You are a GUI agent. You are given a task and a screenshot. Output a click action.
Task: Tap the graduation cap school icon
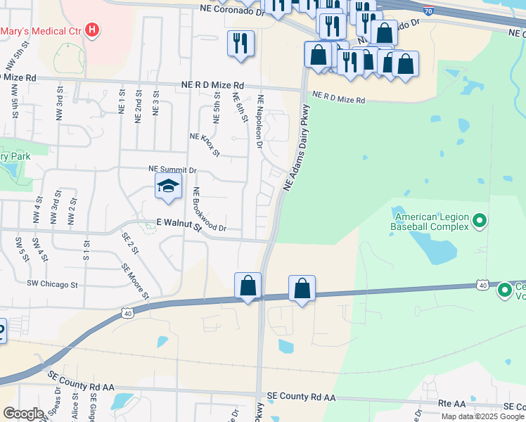168,187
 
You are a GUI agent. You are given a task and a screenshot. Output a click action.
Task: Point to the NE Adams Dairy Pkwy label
296,148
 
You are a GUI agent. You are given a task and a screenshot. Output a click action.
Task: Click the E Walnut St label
179,224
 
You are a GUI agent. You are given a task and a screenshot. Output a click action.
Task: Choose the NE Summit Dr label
172,170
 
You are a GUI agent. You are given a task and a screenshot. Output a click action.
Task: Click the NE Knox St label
205,144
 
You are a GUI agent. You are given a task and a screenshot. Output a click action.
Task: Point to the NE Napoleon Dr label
259,121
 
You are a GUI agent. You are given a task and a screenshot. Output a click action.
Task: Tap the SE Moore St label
134,279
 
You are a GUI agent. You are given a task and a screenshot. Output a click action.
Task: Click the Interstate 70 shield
429,9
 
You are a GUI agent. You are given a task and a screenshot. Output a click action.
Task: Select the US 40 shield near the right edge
482,284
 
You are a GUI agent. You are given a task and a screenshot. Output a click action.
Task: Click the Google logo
23,414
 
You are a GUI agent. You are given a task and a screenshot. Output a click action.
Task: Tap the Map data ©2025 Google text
482,416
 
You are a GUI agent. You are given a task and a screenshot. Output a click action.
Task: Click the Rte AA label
452,404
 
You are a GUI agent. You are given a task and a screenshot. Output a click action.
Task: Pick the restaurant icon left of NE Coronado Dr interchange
240,43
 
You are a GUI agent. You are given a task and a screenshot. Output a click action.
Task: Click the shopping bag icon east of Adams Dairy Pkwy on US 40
302,288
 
